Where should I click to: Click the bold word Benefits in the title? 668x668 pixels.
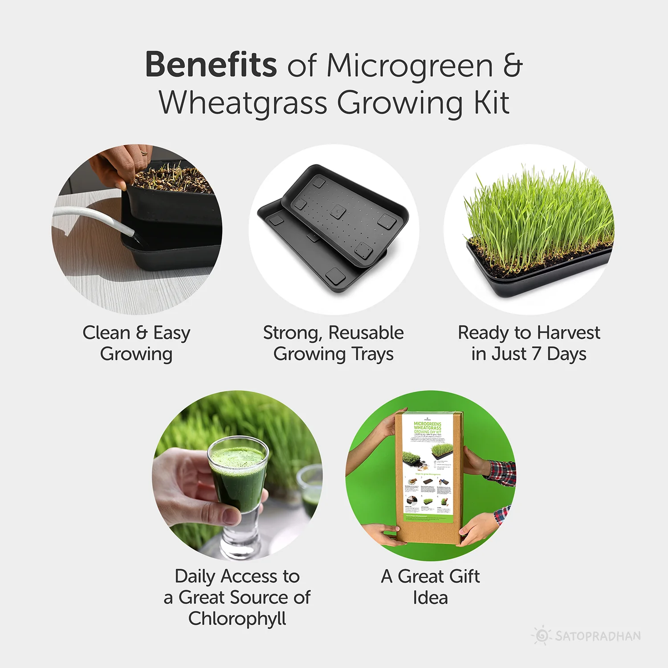[x=211, y=65]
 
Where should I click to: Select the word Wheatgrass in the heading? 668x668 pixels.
[x=243, y=103]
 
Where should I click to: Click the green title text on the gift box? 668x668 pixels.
[x=428, y=428]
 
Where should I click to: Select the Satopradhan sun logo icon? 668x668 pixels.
[x=542, y=635]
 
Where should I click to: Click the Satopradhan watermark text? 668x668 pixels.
[x=598, y=636]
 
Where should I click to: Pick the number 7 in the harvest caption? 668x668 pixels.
[x=537, y=354]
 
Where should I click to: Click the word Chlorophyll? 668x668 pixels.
[x=237, y=619]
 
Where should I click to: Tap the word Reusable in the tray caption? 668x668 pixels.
[x=366, y=333]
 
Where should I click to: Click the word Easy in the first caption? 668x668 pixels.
[x=172, y=333]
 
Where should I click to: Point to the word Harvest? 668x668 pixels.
[x=568, y=333]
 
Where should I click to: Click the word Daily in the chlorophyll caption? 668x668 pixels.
[x=195, y=576]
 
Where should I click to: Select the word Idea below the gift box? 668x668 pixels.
[x=430, y=598]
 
